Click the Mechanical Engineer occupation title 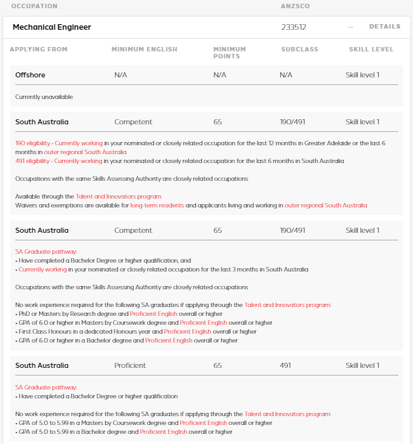(52, 27)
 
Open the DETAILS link (384, 27)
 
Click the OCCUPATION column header (34, 6)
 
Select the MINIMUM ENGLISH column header (144, 49)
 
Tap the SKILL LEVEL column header (370, 49)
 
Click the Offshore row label (30, 75)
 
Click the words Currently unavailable (44, 97)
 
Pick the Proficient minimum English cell (130, 365)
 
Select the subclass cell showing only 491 (286, 365)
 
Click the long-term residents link (157, 206)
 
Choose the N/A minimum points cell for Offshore (220, 75)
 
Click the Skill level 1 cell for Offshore (362, 75)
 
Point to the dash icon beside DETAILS (350, 27)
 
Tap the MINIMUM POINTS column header (229, 53)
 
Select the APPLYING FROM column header (38, 49)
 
